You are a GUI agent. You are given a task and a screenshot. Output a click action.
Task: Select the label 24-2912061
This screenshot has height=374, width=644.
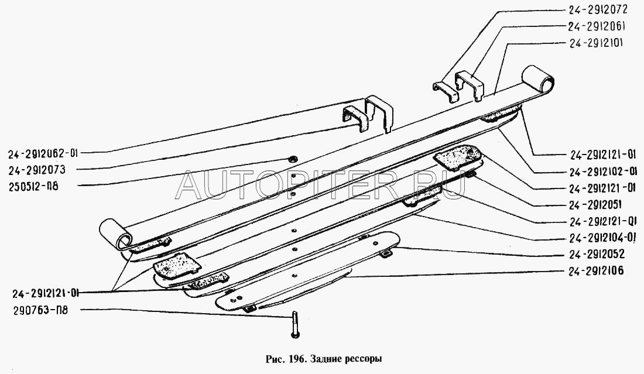[597, 26]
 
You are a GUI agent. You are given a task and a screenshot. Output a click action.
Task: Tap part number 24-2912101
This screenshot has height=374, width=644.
[597, 43]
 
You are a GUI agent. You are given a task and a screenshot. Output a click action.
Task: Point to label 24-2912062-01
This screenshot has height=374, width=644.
[43, 153]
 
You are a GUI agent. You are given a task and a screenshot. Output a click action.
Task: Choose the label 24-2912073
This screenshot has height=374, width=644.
[36, 170]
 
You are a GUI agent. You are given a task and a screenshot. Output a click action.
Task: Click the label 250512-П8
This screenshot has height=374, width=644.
[33, 186]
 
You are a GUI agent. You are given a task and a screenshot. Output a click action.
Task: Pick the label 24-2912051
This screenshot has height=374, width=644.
[595, 204]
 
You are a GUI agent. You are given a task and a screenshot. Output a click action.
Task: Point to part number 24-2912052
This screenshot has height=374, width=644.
[597, 254]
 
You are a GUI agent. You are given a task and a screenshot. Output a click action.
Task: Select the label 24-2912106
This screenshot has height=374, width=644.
[597, 270]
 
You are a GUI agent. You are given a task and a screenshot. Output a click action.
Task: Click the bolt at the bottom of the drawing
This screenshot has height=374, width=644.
[294, 325]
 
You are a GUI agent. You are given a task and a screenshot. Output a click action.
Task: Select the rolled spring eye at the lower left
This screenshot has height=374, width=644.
[117, 235]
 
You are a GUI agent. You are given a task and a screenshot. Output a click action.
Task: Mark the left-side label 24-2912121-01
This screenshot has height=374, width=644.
[45, 293]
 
